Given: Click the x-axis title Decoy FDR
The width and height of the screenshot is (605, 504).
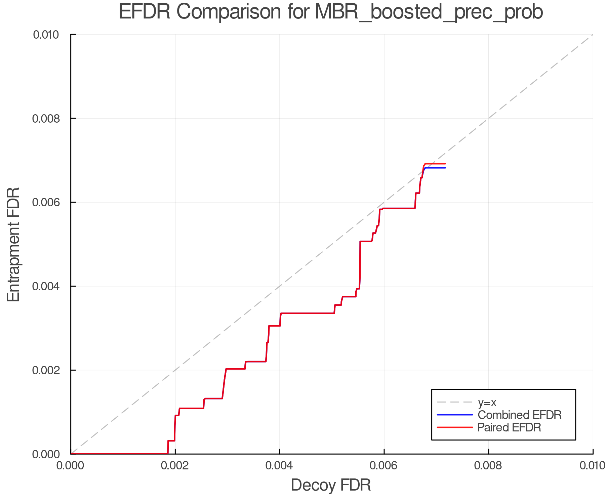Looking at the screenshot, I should [x=331, y=485].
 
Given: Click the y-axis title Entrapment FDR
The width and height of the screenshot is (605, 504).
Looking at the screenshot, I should [x=13, y=244].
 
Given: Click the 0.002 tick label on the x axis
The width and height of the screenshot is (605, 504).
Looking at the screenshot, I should [x=175, y=466].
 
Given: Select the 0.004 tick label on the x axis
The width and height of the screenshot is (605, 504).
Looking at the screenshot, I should [x=280, y=466].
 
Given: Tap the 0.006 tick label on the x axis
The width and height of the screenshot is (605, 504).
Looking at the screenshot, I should [x=384, y=466].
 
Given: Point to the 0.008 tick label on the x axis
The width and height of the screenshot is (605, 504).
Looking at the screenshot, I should [x=488, y=466].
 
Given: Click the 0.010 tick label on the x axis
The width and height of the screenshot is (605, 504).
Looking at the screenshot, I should [x=592, y=466].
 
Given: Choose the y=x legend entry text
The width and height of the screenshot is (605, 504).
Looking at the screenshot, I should [x=487, y=402].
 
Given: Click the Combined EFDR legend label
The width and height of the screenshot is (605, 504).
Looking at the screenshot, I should [x=519, y=415].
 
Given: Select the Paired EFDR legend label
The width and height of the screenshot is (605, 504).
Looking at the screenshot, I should [x=509, y=427].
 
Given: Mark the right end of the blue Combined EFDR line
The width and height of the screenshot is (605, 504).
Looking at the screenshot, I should [x=445, y=168].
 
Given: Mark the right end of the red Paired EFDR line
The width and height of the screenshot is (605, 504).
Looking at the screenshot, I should [x=445, y=164].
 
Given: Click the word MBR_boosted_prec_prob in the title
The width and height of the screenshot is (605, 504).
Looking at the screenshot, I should [x=429, y=12].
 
